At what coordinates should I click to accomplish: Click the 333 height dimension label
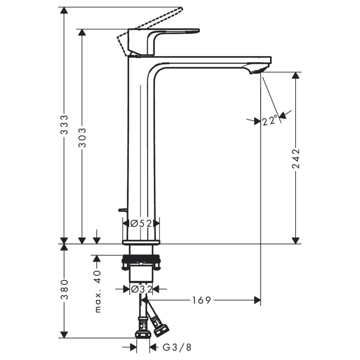tap(64, 125)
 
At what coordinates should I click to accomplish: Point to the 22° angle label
tap(270, 121)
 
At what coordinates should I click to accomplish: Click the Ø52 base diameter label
tap(141, 223)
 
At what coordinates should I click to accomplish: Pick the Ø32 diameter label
tap(141, 289)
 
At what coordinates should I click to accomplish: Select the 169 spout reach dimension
tap(201, 300)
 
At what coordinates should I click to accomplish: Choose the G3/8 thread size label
tap(177, 347)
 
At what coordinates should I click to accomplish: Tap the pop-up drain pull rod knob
tap(121, 210)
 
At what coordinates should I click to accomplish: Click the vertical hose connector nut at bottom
tap(143, 333)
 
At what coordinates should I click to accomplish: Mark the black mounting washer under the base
tap(141, 260)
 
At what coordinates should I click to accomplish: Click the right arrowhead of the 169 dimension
tap(257, 300)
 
